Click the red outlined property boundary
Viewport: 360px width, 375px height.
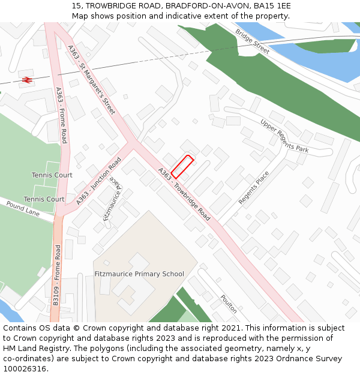pos(182,166)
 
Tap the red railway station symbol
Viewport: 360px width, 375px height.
pos(26,79)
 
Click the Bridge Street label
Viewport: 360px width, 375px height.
pos(253,41)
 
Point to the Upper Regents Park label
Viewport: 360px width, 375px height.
pos(284,136)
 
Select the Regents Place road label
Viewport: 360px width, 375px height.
pos(254,187)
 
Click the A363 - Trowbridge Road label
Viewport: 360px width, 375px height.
pos(184,194)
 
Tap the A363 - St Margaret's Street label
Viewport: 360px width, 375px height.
pos(91,80)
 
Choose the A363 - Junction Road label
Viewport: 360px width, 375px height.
pos(98,181)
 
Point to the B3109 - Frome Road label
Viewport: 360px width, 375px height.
pos(57,275)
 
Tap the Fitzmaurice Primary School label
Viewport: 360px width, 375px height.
pos(139,274)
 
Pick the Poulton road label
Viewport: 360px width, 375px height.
pos(229,304)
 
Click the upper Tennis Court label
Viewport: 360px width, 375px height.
pos(52,175)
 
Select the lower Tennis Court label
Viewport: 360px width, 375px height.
pos(44,199)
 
